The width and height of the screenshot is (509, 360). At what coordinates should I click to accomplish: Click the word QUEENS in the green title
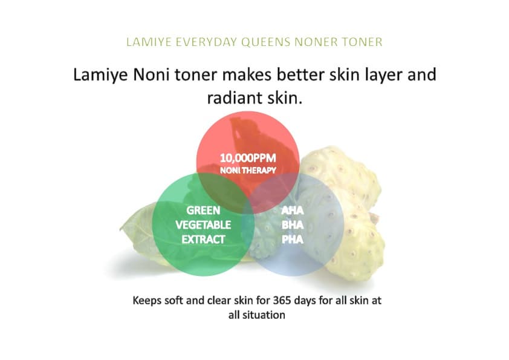tap(266, 42)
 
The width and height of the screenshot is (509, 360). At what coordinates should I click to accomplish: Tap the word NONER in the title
tap(315, 42)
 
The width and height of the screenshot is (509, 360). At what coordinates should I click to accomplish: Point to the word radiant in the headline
tap(235, 97)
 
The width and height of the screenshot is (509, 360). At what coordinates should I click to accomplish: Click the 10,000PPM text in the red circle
tap(248, 158)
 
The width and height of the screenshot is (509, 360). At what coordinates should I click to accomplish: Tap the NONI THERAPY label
tap(248, 170)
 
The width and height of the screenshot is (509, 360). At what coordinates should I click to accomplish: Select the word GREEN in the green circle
tap(203, 211)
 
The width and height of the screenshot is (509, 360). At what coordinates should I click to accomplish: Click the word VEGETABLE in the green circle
tap(203, 225)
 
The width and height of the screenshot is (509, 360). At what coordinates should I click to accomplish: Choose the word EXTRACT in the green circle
tap(203, 240)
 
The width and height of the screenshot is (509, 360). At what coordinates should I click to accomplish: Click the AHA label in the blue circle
tap(293, 211)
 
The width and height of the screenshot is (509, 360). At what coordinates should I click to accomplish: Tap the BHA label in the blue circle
tap(293, 225)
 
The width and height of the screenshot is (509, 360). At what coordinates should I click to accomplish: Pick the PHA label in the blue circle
tap(293, 240)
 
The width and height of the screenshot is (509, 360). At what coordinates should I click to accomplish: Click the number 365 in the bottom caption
tap(282, 300)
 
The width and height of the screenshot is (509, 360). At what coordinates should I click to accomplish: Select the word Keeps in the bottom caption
tap(147, 301)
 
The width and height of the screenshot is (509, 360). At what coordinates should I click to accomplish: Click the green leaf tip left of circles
tap(121, 229)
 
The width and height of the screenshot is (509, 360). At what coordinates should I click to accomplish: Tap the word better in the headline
tap(300, 74)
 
